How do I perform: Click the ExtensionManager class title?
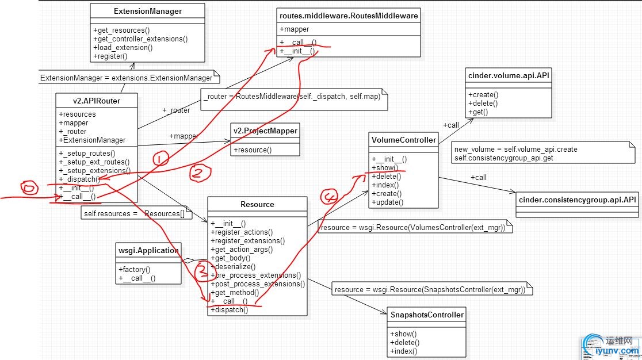click(148, 11)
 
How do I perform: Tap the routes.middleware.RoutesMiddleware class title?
click(348, 15)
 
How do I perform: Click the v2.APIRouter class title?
click(97, 101)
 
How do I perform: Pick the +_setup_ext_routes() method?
click(94, 162)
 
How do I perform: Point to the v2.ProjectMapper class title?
click(265, 131)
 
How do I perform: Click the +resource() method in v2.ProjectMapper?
click(253, 150)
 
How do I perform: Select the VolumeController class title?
click(404, 140)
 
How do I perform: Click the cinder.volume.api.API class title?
click(508, 75)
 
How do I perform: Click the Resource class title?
click(257, 204)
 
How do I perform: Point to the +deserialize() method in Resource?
click(233, 267)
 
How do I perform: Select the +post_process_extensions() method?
click(258, 284)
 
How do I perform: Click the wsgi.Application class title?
click(148, 250)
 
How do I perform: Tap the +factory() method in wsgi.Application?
click(135, 269)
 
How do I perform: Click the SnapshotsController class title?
click(427, 315)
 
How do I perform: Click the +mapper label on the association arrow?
click(184, 136)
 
